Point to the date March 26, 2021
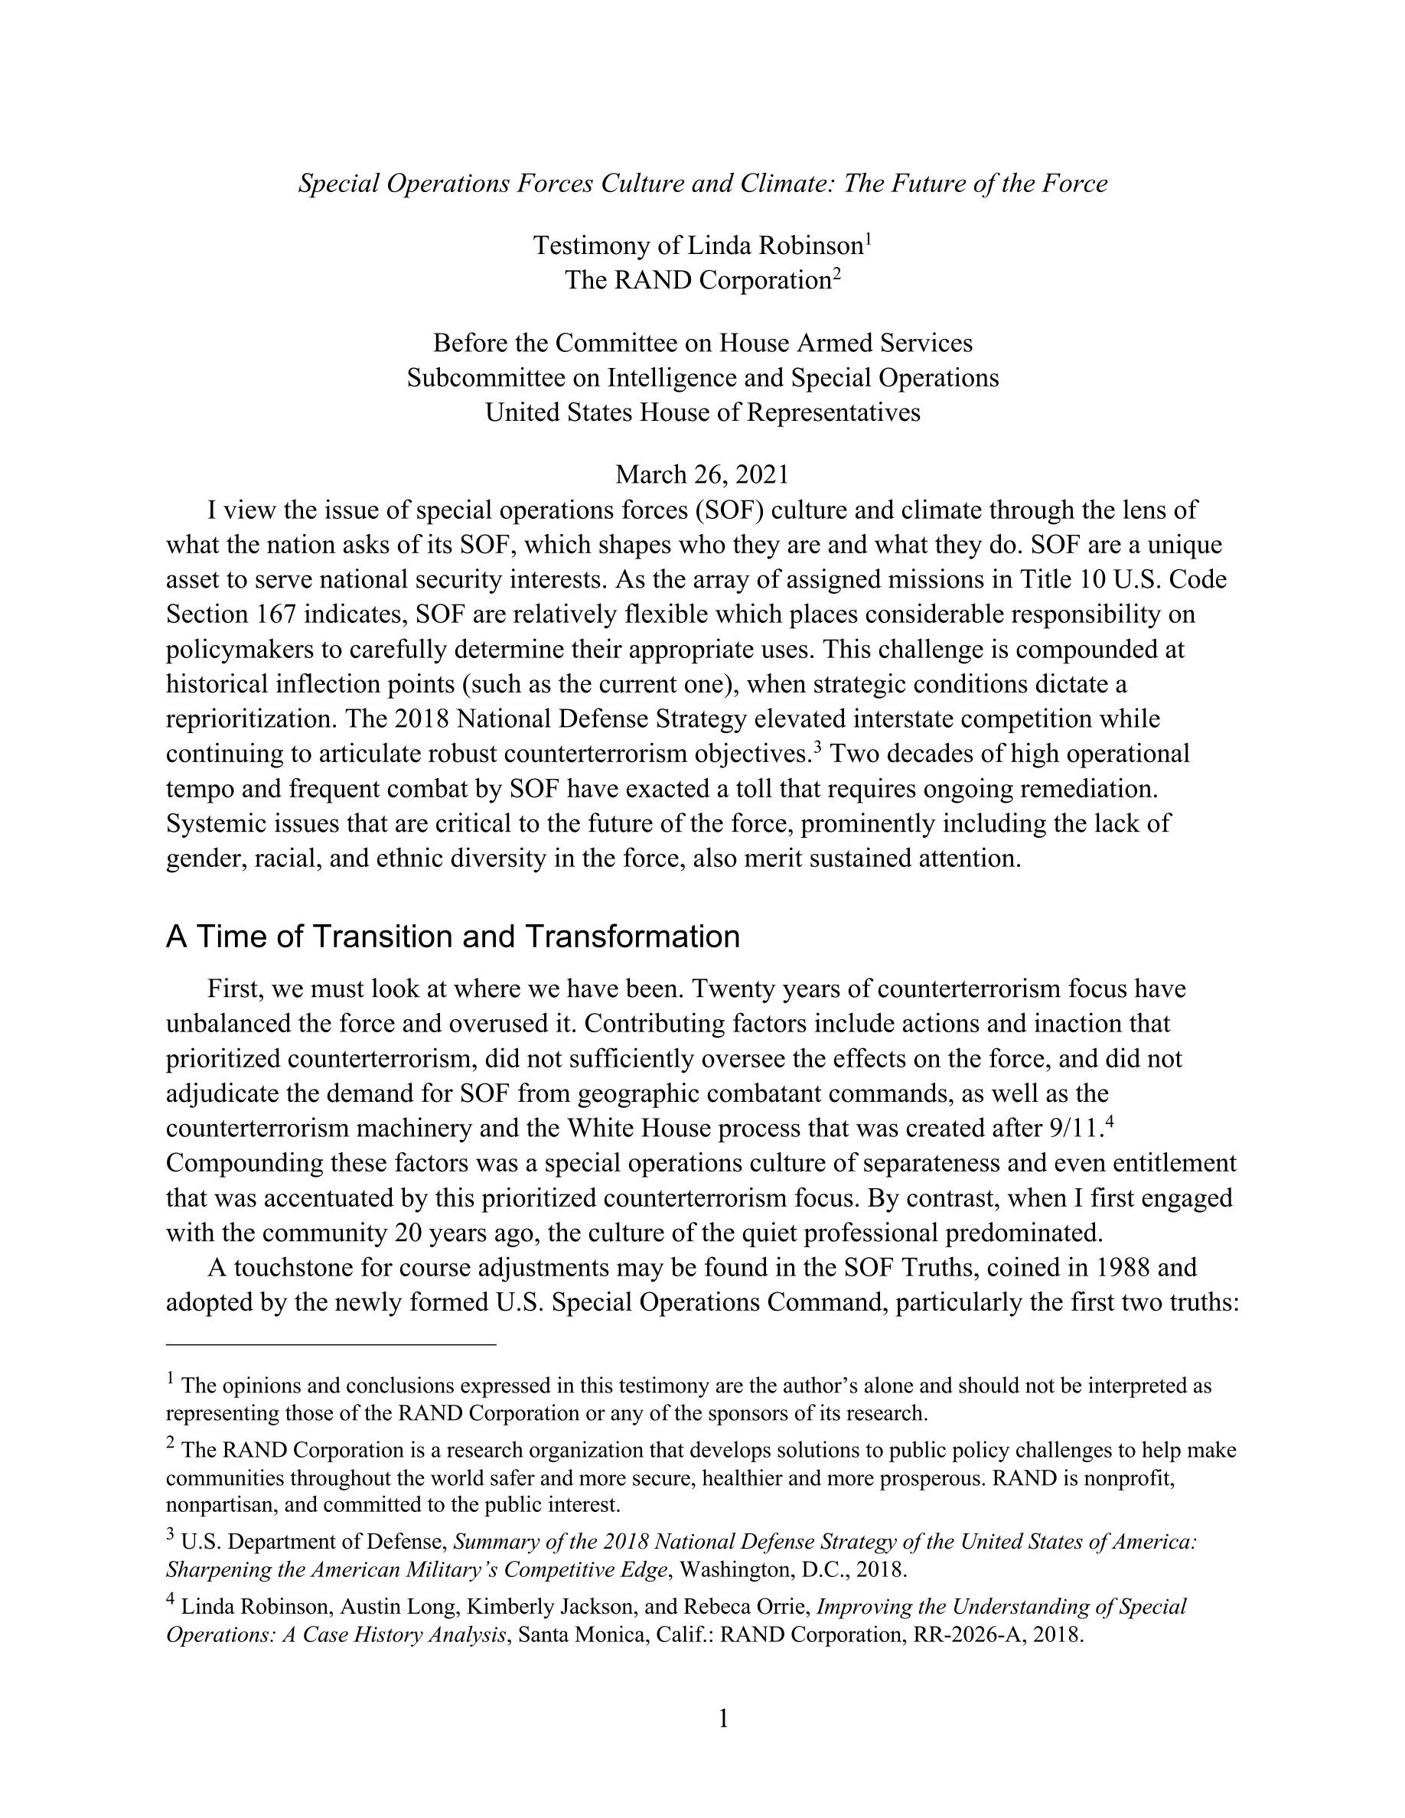coord(702,474)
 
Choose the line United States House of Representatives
coord(702,413)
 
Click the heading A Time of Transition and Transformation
coord(453,937)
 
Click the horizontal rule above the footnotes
coord(331,1344)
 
